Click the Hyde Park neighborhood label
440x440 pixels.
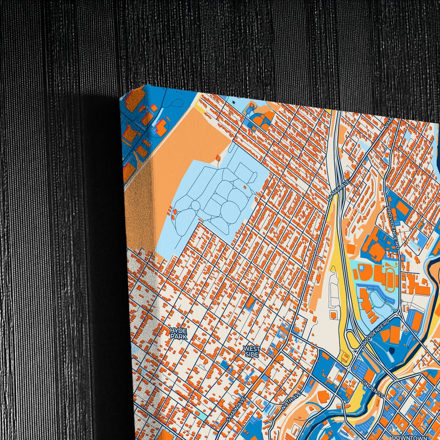click(178, 333)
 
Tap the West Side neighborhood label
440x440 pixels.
click(252, 351)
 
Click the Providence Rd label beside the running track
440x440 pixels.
click(393, 227)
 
